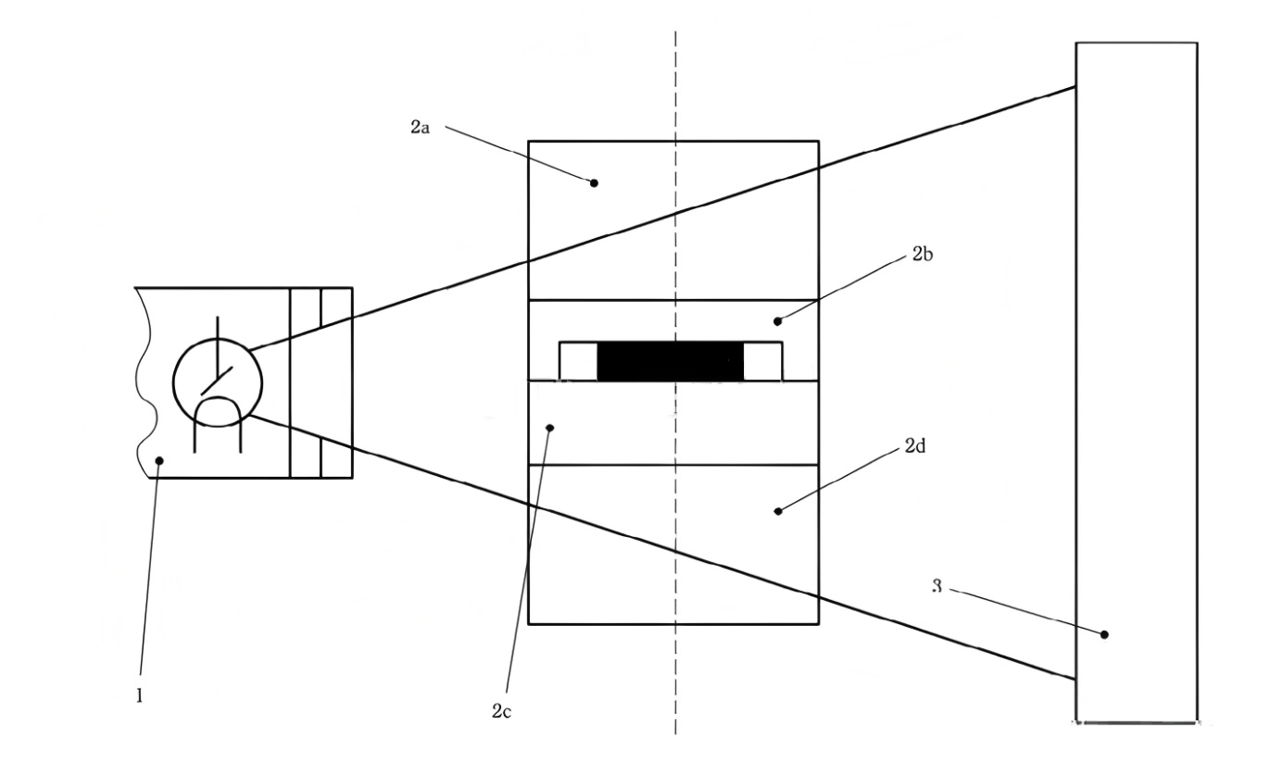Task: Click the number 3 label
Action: [938, 587]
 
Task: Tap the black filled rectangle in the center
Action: [671, 361]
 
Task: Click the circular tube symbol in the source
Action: [218, 381]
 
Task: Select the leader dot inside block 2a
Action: [595, 183]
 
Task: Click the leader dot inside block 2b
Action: [777, 321]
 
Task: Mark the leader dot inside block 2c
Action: [550, 427]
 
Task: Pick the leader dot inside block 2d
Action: [777, 510]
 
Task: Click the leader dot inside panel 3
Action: [1104, 634]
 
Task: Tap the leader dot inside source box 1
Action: [158, 459]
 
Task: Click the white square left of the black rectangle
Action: [578, 361]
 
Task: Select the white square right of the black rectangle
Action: [762, 361]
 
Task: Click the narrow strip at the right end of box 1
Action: [336, 382]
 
